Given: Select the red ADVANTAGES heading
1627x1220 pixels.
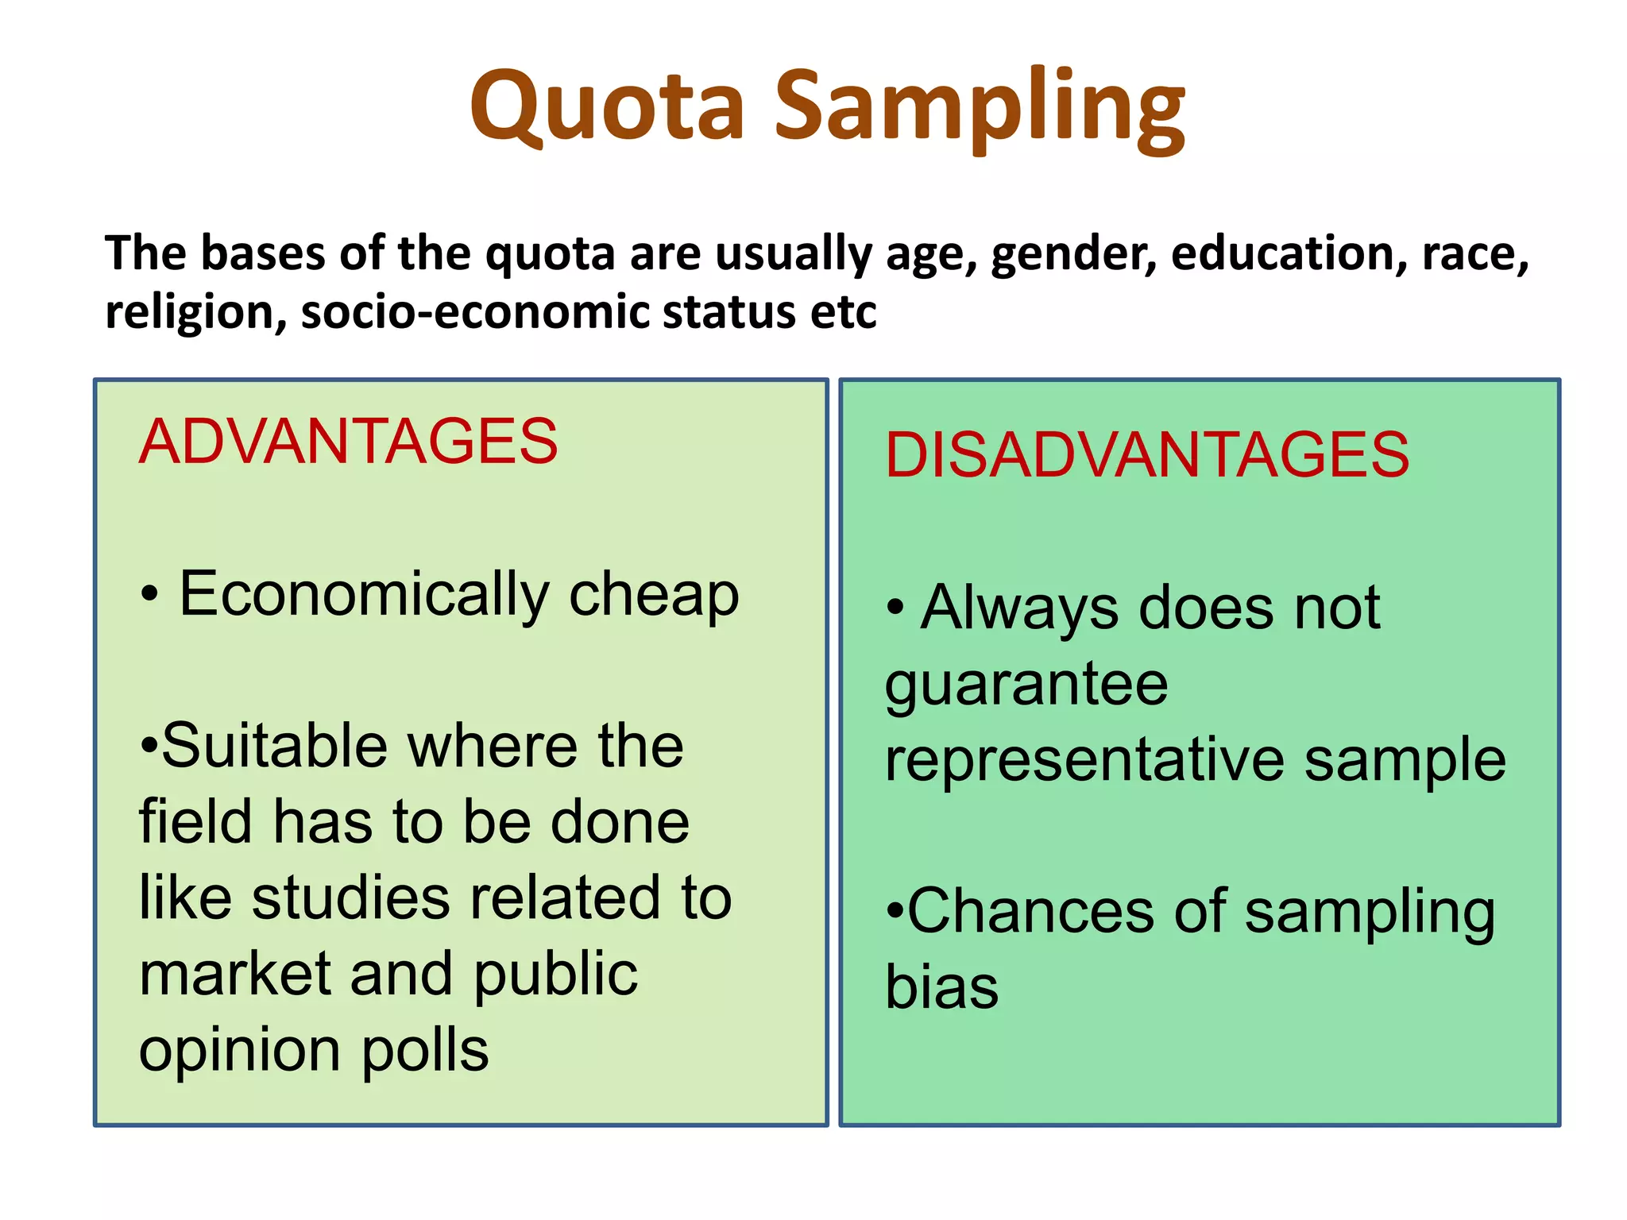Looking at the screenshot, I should pyautogui.click(x=348, y=442).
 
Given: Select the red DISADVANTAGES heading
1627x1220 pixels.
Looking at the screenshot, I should pyautogui.click(x=1146, y=455).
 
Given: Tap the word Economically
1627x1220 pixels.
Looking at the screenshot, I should pyautogui.click(x=364, y=594).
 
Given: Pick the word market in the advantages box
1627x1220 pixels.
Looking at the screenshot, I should pyautogui.click(x=235, y=974).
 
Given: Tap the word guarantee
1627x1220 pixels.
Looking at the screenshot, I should pyautogui.click(x=1026, y=684).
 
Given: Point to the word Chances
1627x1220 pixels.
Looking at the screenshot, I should pyautogui.click(x=1030, y=911).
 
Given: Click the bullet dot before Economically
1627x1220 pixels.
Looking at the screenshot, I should pyautogui.click(x=149, y=594).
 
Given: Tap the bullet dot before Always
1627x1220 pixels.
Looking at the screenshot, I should pyautogui.click(x=895, y=608).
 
